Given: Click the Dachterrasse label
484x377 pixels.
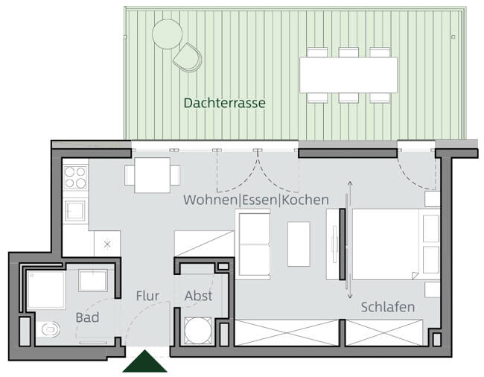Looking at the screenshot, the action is click(224, 103).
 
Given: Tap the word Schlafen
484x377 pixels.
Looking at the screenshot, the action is click(388, 307).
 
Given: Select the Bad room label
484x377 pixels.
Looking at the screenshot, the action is click(87, 317).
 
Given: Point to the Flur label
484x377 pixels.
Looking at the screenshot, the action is click(147, 296).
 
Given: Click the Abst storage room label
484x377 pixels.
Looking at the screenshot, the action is click(199, 296).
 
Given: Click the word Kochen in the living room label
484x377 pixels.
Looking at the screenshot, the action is click(305, 200).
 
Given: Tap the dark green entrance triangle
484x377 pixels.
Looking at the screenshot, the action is click(144, 361).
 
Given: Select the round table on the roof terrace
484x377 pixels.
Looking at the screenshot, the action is click(168, 34).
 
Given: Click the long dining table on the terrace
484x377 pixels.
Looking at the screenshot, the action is click(348, 75).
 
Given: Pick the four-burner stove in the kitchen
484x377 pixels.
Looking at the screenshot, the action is click(75, 177).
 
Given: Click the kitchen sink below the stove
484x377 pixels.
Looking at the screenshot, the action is click(75, 210).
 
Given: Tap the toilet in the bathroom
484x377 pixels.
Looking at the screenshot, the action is click(49, 329).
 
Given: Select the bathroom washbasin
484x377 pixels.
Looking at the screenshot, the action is click(93, 280).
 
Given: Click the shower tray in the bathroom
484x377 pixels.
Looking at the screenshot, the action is click(46, 290).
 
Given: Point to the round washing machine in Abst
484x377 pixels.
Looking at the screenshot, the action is click(198, 330).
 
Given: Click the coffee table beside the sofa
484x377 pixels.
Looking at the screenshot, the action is click(299, 244).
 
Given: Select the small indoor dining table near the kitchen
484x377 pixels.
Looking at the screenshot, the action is click(152, 175).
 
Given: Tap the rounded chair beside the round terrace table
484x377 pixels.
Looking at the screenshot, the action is click(188, 57).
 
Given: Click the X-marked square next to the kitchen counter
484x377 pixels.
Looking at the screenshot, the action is click(107, 244).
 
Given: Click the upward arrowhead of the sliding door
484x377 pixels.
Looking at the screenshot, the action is click(350, 183).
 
